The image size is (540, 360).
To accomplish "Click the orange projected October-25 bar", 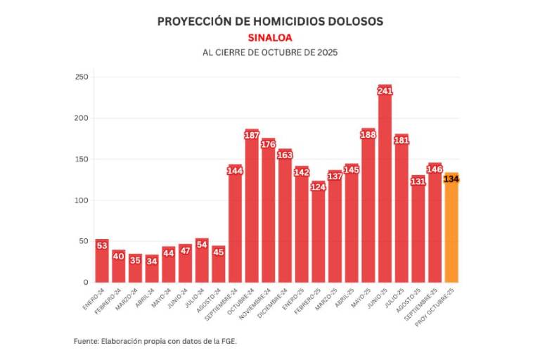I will coord(451,232).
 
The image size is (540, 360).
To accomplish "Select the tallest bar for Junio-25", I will coord(385,190).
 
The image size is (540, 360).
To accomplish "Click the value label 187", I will coord(252,135).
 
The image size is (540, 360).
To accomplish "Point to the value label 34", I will coord(152,260).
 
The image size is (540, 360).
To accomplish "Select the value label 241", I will coord(385,91).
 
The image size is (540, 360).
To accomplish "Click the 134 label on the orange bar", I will coord(451,179).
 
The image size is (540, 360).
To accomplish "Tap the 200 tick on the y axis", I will coord(82,118).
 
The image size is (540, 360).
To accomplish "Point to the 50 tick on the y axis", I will coord(84,241).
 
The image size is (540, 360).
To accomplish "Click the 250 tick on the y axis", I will coord(82,77).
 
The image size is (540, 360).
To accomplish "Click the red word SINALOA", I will coord(270,38).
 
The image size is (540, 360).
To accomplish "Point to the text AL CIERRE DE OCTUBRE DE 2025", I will coord(270,53).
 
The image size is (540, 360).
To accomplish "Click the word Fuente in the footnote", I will coord(87,341).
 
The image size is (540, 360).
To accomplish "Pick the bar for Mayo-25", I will coord(368,207).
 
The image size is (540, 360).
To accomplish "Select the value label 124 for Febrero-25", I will coord(318,187).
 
